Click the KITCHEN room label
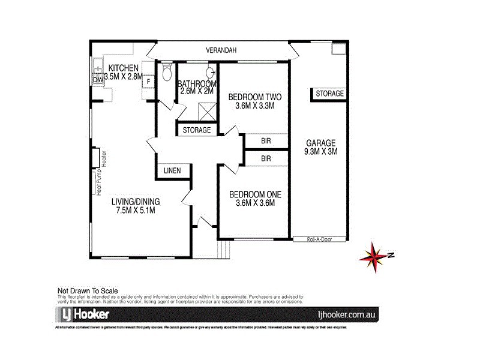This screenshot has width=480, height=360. tap(123, 68)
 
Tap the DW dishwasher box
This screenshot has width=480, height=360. tap(98, 80)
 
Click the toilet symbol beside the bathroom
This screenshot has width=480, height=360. tap(167, 74)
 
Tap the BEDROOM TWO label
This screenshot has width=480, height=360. tap(255, 97)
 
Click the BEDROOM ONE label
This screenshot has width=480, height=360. tap(255, 194)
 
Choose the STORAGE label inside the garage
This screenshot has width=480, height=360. tap(329, 94)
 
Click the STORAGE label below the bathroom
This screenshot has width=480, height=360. tap(196, 130)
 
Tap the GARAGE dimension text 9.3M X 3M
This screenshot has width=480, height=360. tap(320, 152)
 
